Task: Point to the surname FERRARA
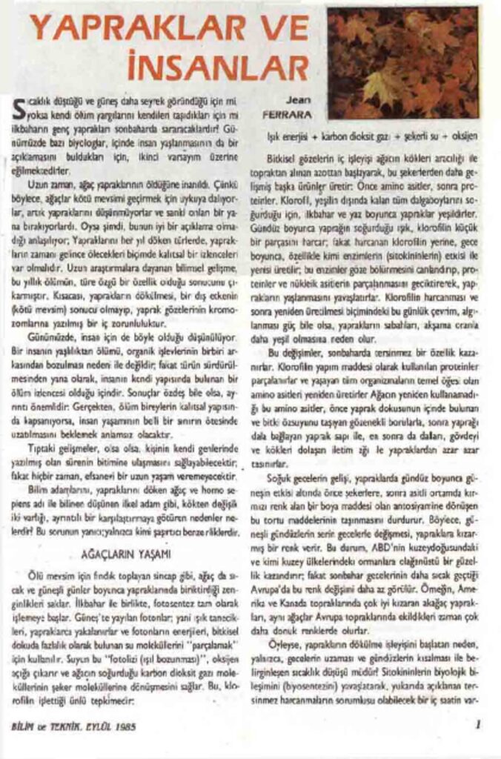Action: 286,115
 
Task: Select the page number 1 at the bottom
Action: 479,723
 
